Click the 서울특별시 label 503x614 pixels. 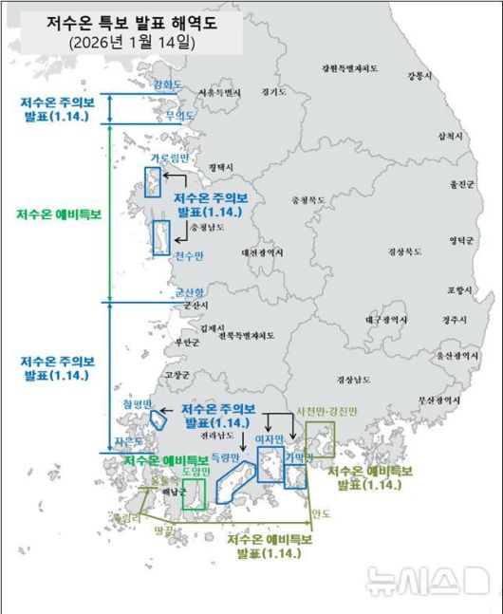click(x=221, y=92)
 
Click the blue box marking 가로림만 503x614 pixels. click(x=151, y=181)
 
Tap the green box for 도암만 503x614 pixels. click(x=194, y=493)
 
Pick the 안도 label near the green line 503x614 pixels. click(x=321, y=514)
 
